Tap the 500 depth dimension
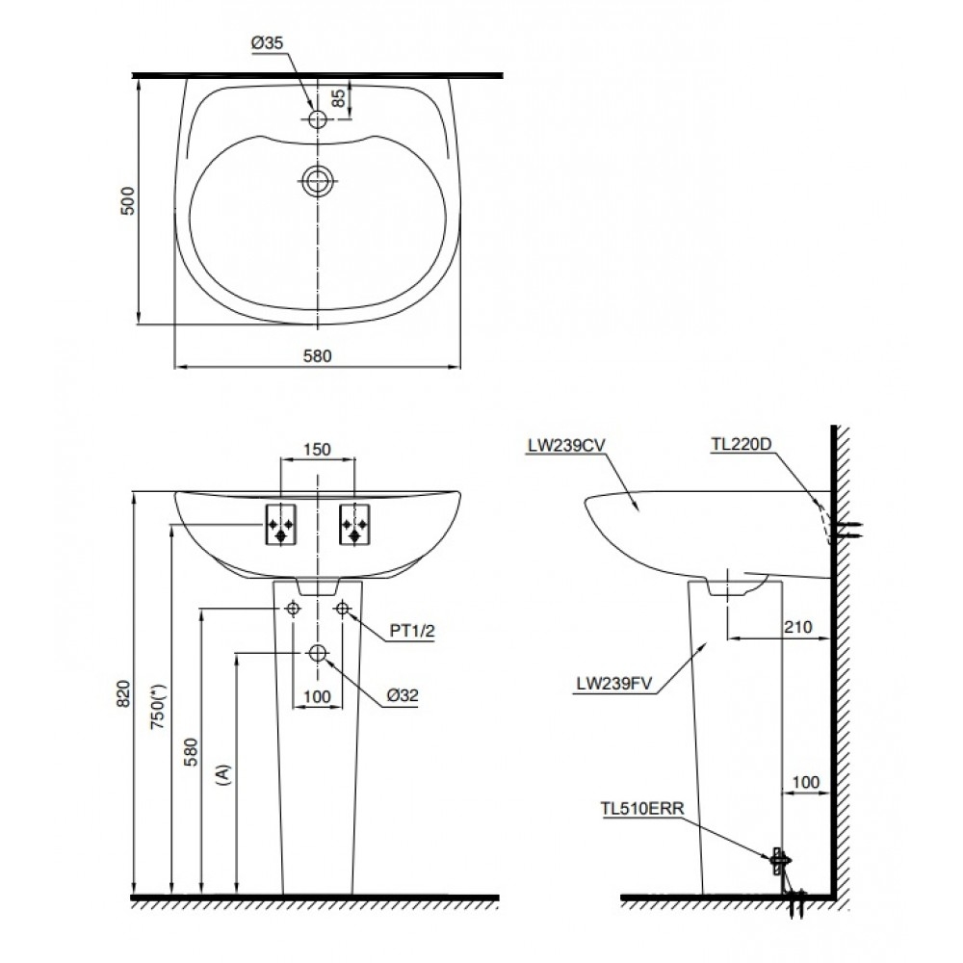tap(127, 200)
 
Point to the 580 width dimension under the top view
tap(318, 355)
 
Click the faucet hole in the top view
tap(318, 119)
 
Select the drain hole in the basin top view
tap(318, 180)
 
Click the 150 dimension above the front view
tap(318, 449)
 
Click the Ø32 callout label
tap(403, 695)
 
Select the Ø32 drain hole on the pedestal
tap(318, 653)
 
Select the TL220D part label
tap(742, 444)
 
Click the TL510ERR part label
tap(640, 811)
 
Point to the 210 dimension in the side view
tap(798, 627)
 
